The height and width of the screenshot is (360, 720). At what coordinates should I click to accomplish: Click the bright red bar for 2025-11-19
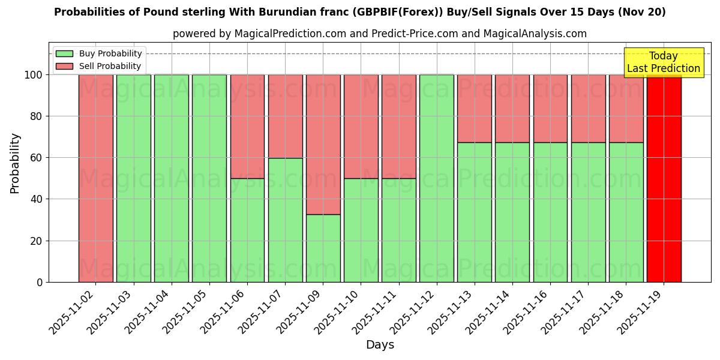click(x=664, y=180)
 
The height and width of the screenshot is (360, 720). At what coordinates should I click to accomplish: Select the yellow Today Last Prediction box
click(x=664, y=62)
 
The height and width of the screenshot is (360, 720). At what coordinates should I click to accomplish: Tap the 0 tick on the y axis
click(x=40, y=282)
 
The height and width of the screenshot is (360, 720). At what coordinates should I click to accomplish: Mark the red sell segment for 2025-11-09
click(x=323, y=145)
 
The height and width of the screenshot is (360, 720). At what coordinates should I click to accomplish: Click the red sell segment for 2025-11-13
click(x=475, y=109)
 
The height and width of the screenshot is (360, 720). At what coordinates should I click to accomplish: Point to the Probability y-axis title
click(x=15, y=163)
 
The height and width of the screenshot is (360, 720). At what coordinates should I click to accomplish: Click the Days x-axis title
click(x=380, y=345)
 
